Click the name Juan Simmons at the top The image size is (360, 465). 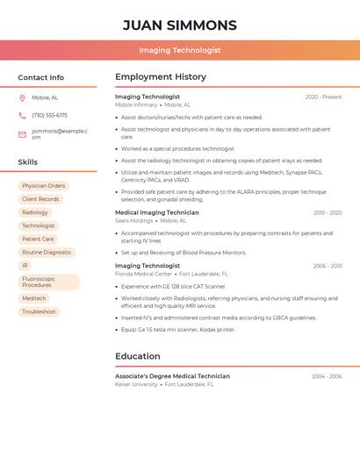[x=179, y=25]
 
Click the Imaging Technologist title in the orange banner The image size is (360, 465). [x=179, y=50]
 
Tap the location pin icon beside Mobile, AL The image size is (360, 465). [x=22, y=97]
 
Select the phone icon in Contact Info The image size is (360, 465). [x=22, y=115]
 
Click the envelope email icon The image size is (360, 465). [x=22, y=134]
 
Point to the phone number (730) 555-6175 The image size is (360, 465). [x=49, y=115]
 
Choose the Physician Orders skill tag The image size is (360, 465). [x=44, y=186]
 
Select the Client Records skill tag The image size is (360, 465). [x=40, y=199]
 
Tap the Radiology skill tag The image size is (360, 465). [x=35, y=212]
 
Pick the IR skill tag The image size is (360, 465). [x=25, y=265]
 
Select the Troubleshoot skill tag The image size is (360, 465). [x=39, y=311]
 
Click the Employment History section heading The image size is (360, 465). [x=161, y=77]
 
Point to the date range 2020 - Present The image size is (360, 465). [x=323, y=97]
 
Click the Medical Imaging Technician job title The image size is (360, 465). [x=157, y=212]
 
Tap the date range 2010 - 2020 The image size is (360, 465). [x=328, y=212]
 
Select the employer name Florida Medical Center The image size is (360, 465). [x=144, y=274]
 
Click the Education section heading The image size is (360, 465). [x=138, y=356]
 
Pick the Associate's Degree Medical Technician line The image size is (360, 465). [x=172, y=376]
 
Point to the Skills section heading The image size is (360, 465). [x=28, y=162]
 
